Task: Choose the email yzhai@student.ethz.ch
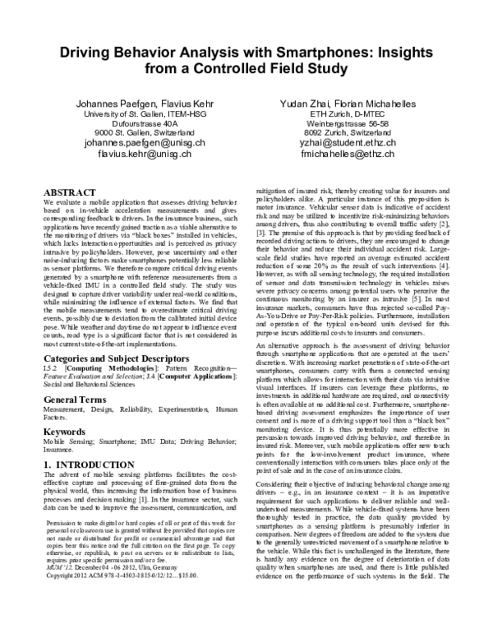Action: coord(348,142)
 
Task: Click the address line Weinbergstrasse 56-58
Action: coord(348,123)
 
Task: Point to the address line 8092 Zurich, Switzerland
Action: coord(348,132)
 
